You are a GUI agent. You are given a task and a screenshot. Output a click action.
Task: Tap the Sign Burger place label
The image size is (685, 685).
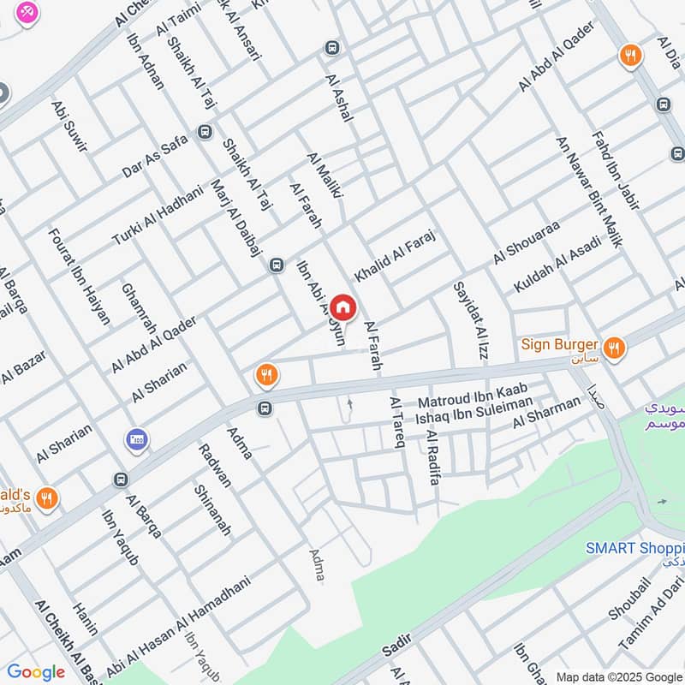coord(558,346)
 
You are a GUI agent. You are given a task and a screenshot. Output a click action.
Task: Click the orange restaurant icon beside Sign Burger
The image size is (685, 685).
coord(613,348)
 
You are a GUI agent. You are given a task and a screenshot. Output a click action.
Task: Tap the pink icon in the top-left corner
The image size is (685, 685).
coord(27,13)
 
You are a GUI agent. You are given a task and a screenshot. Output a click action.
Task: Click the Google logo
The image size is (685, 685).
coord(36,672)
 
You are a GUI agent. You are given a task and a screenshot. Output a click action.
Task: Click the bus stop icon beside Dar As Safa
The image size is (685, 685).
coord(204,132)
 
